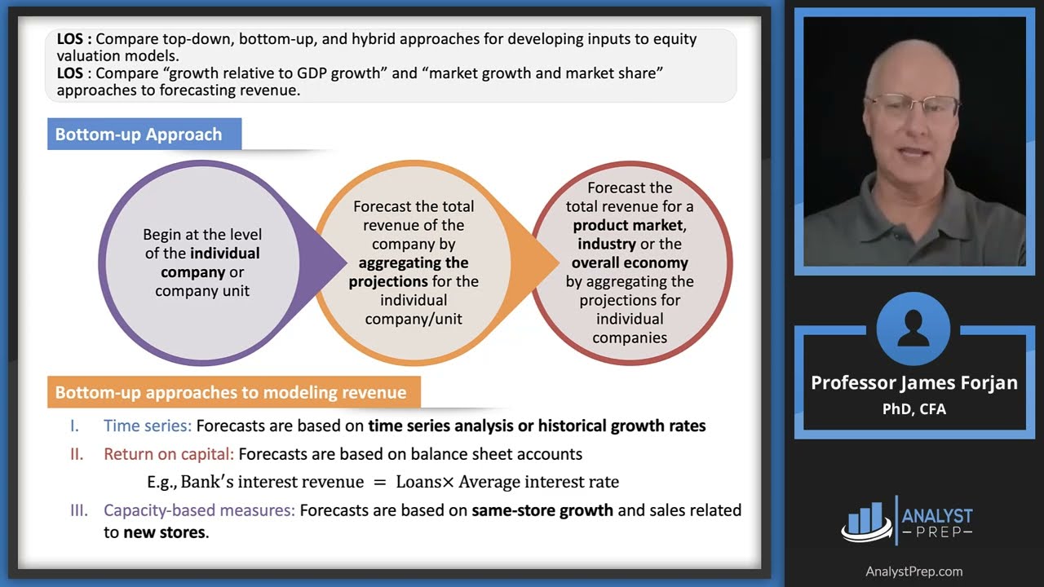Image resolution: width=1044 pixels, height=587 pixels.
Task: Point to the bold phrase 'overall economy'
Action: pos(629,263)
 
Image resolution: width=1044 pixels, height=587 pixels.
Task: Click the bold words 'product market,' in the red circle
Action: pos(629,225)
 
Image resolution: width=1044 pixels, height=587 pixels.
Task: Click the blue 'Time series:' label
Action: pos(148,426)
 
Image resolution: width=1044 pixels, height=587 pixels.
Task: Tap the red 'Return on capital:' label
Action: pos(169,454)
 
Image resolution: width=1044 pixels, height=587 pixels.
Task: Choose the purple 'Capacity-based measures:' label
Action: pos(199,510)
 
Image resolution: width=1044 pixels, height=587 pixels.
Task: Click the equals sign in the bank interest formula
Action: pos(379,482)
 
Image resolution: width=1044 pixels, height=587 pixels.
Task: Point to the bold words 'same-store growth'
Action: pos(542,510)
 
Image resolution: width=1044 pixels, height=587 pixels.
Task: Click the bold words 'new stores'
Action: pos(165,533)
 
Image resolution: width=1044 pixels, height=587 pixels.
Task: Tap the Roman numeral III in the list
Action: pos(79,510)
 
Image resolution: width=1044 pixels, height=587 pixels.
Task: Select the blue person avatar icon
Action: pos(913,329)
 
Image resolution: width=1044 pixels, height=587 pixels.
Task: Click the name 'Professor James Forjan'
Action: pos(913,382)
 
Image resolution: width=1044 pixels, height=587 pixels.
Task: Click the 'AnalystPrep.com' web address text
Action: pos(913,572)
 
